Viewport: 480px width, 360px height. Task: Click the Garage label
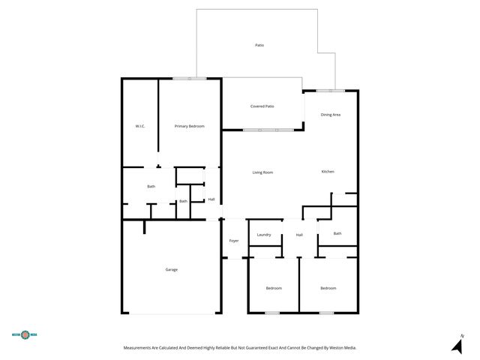(172, 269)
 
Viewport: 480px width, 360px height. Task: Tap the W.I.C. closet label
(139, 126)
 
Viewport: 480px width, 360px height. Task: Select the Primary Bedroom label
(189, 126)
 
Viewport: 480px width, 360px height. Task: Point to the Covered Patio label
(262, 106)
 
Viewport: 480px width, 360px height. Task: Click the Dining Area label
(331, 115)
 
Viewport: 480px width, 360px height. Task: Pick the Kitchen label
(328, 172)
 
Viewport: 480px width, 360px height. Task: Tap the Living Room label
(262, 172)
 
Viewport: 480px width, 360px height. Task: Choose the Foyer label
(234, 241)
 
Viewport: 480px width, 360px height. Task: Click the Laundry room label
(264, 235)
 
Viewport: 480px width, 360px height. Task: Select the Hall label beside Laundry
(299, 235)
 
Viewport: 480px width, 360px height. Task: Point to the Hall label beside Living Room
(211, 199)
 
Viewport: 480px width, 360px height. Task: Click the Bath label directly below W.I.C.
(151, 186)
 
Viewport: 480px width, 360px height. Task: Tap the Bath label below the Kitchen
(337, 233)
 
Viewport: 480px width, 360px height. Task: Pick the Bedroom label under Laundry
(274, 288)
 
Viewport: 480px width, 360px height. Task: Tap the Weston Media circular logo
(25, 335)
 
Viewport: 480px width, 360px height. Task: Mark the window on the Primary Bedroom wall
(190, 78)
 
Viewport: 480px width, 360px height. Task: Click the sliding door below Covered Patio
(268, 130)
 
